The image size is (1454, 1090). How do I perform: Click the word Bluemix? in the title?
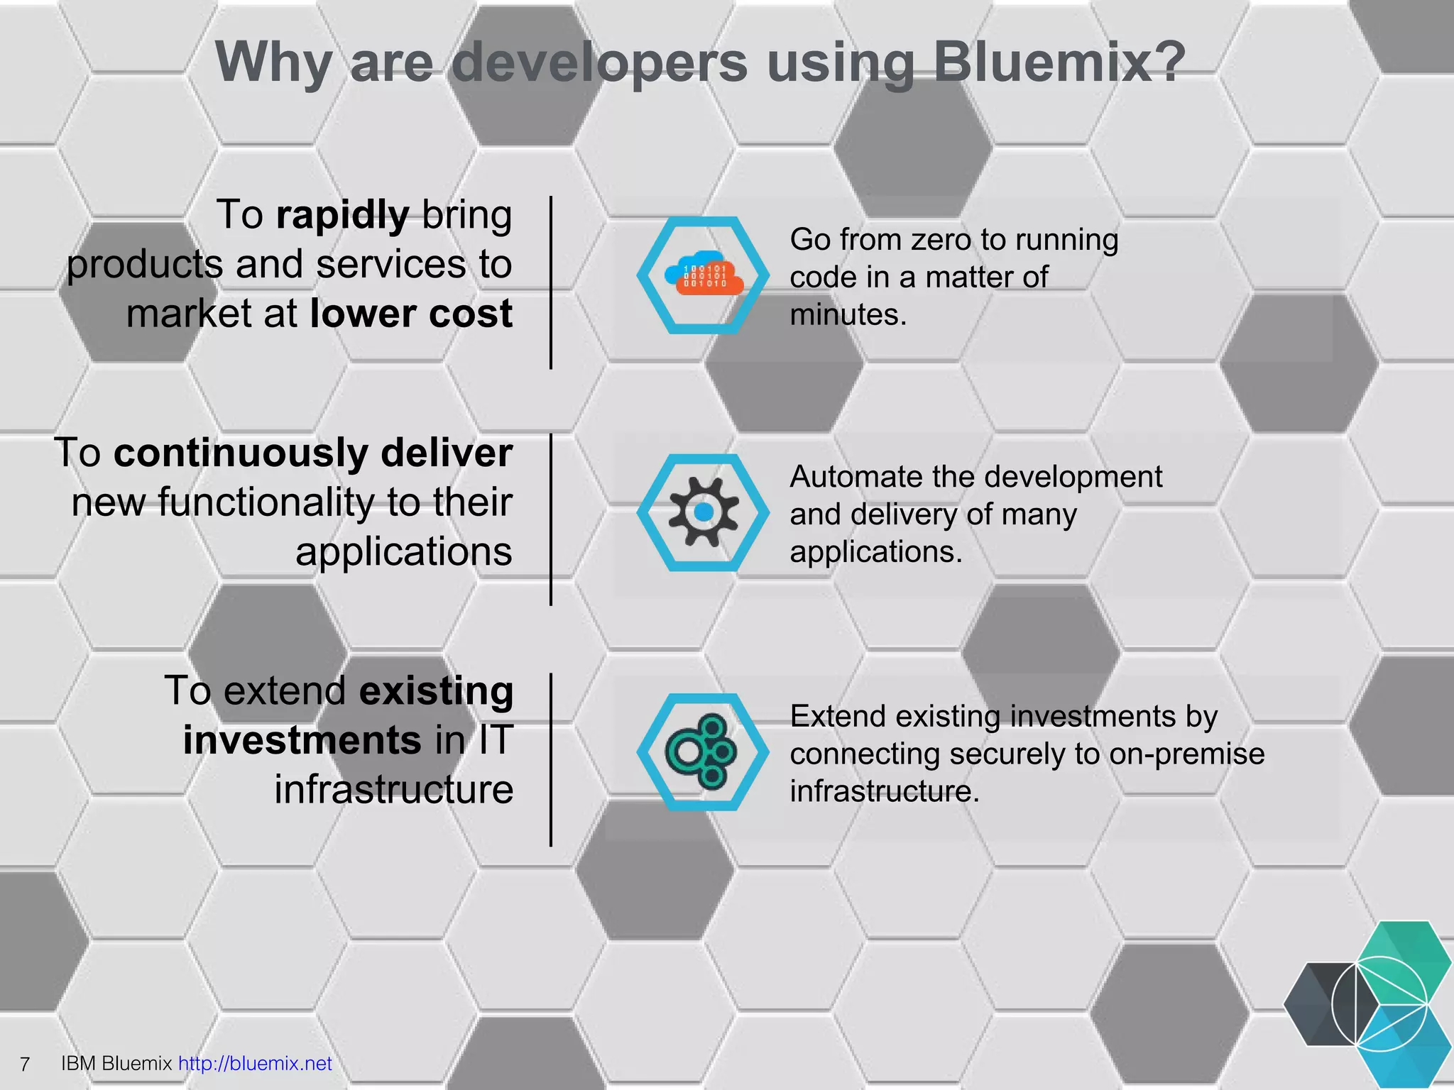(x=1059, y=62)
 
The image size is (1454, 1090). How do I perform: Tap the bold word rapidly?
(x=343, y=215)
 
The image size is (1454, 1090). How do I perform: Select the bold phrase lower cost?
(x=411, y=314)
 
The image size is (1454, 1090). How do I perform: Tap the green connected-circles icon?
(x=702, y=752)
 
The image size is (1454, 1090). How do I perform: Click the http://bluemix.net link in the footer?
(x=255, y=1063)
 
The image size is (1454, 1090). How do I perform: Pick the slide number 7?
(x=25, y=1064)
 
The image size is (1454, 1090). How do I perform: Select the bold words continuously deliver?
(x=313, y=453)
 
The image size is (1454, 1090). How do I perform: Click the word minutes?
(x=848, y=314)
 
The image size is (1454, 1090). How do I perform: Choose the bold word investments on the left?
(x=302, y=740)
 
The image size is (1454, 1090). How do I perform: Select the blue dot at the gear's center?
(x=704, y=512)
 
